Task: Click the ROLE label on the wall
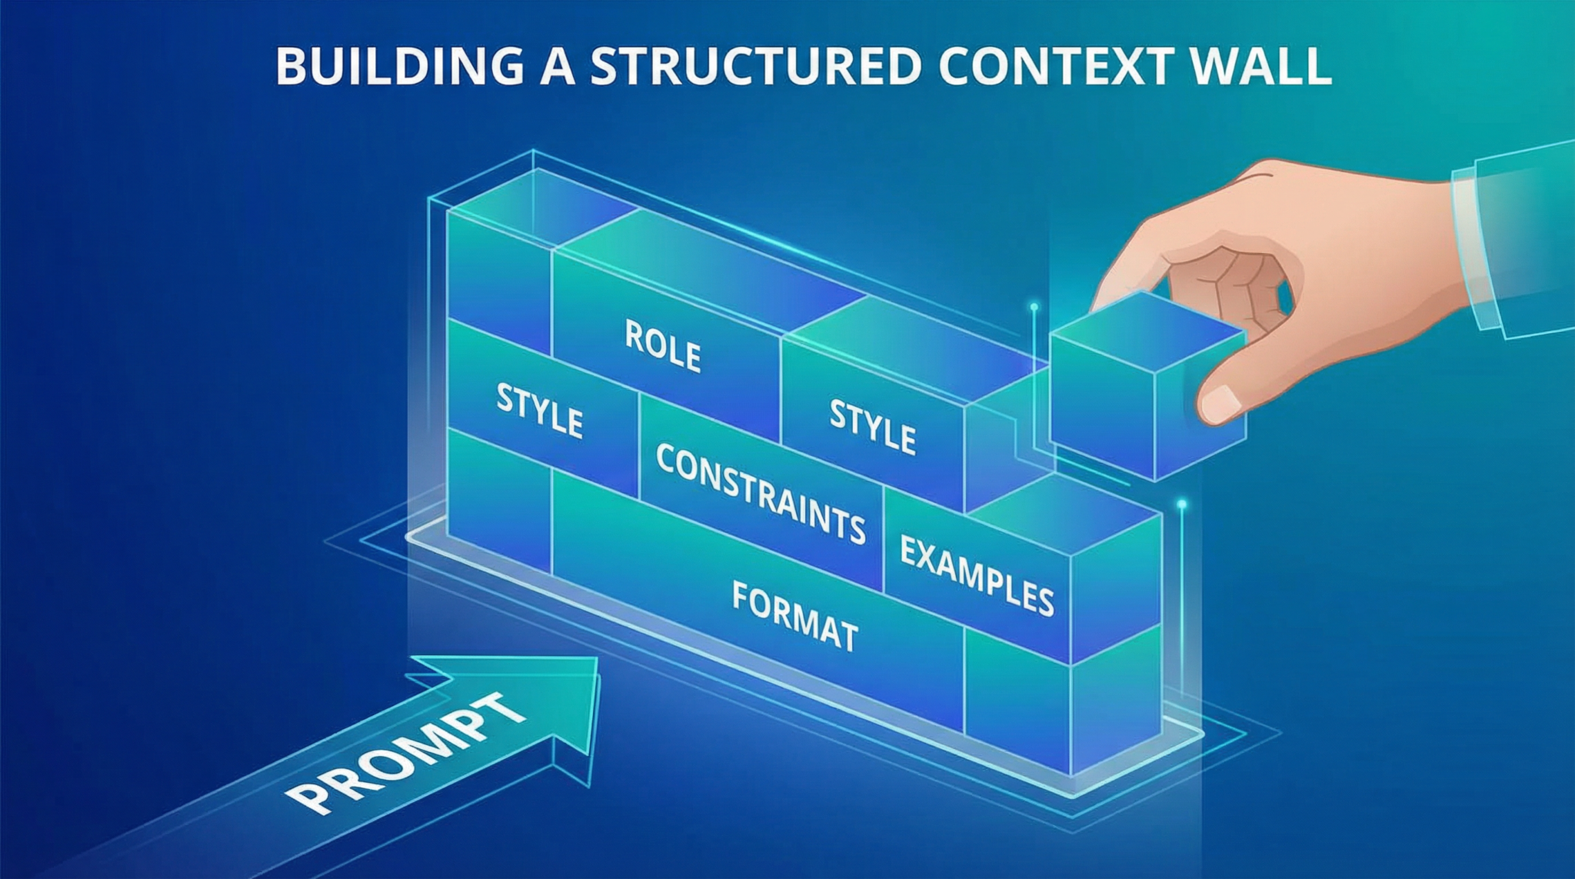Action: click(x=662, y=347)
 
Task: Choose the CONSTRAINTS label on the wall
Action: click(x=760, y=493)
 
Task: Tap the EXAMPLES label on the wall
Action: click(x=976, y=576)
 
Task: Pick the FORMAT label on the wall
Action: click(x=794, y=617)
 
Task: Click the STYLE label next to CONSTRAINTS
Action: click(x=539, y=411)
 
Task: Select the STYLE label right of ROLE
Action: click(x=873, y=426)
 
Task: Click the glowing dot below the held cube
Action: click(x=1181, y=504)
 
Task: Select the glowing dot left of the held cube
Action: click(x=1034, y=308)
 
